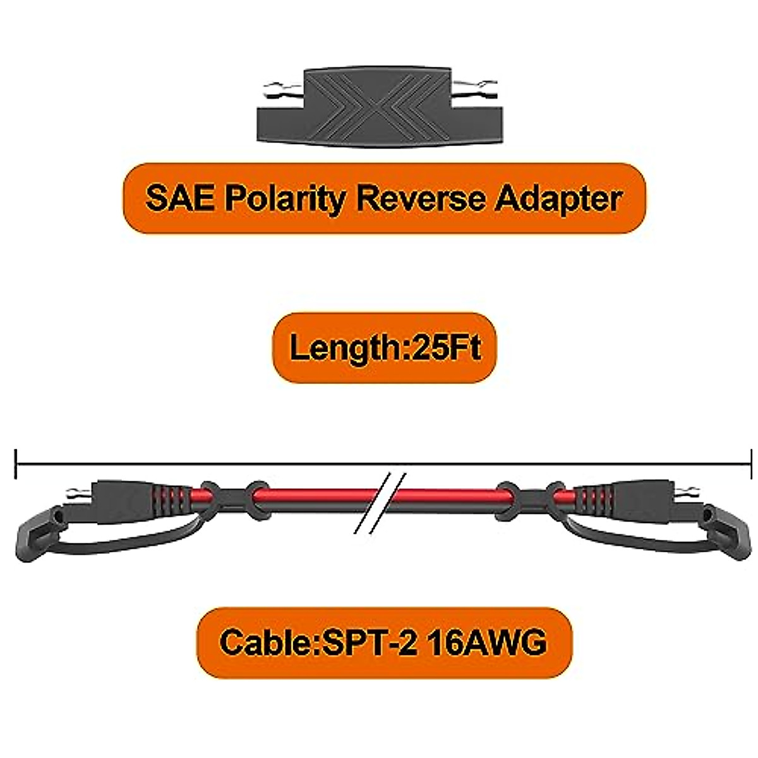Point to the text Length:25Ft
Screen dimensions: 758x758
pos(385,347)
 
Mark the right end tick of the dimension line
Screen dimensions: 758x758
pos(750,464)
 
